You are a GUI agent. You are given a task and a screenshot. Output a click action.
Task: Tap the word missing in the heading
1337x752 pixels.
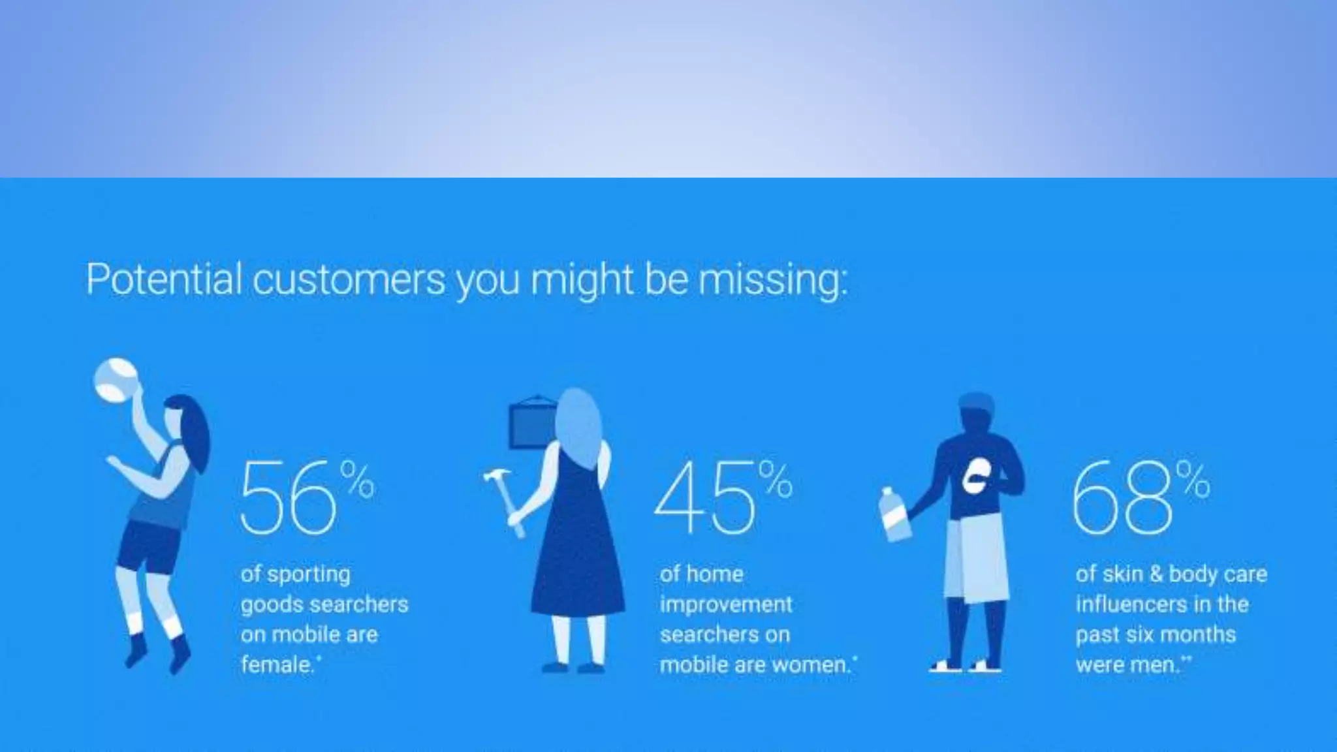coord(772,281)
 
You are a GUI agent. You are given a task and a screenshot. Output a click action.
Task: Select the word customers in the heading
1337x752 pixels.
coord(349,279)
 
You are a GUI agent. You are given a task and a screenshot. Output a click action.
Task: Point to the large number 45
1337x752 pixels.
coord(704,498)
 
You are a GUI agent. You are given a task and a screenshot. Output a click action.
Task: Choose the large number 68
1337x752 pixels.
coord(1122,498)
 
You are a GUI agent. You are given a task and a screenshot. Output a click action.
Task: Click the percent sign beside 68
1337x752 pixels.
coord(1193,480)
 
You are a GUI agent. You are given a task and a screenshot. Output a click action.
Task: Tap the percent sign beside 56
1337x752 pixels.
coord(358,480)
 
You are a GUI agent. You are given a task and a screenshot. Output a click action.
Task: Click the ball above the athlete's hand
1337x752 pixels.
coord(116,379)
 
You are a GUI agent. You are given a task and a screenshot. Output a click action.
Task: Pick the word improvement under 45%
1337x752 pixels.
coord(726,604)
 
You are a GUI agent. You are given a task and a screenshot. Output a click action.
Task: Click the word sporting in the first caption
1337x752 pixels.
coord(318,574)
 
